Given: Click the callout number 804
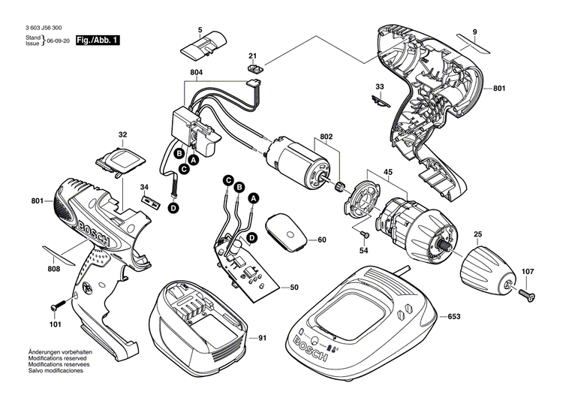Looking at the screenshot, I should [197, 73].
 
